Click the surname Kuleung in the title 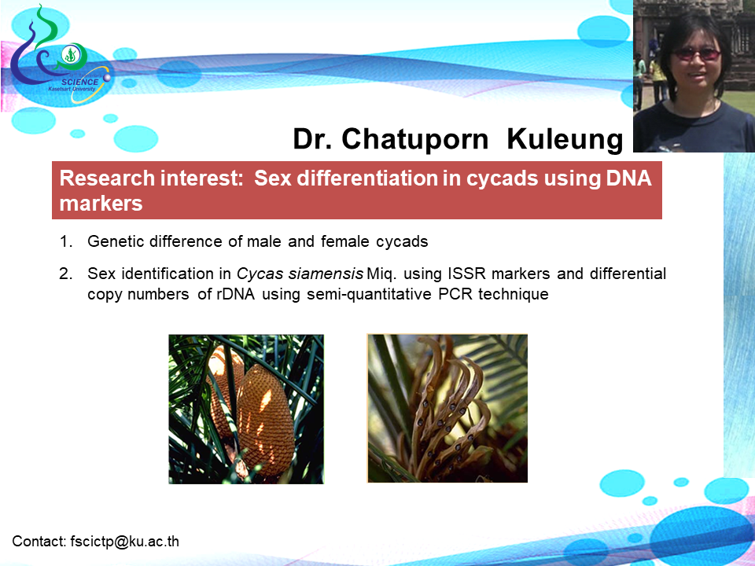click(565, 139)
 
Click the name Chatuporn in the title click(414, 140)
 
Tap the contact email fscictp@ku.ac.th click(125, 542)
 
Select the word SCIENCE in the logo click(80, 82)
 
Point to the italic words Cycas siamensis click(300, 274)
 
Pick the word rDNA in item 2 click(235, 293)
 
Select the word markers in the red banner click(101, 204)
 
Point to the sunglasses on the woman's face click(697, 53)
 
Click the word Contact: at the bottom click(39, 542)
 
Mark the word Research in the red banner click(101, 178)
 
